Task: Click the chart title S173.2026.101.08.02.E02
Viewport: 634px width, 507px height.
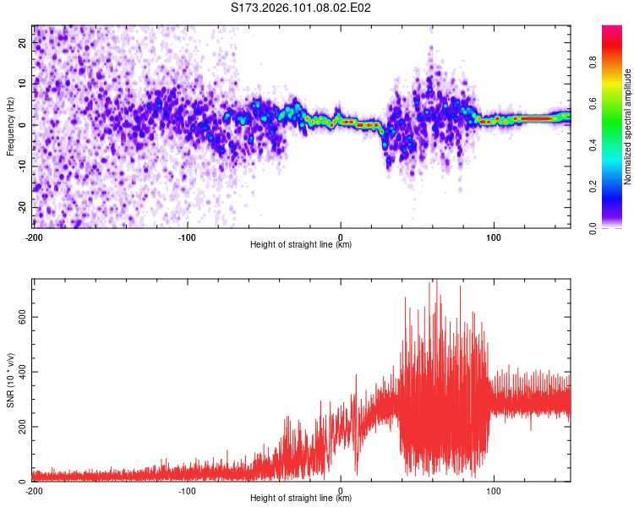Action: click(x=302, y=8)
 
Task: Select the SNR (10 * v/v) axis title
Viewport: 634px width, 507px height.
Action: click(x=11, y=379)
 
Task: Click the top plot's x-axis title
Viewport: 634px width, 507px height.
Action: click(x=301, y=245)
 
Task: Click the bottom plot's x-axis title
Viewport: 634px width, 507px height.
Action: click(x=301, y=499)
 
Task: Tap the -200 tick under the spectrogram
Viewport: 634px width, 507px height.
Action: click(x=34, y=236)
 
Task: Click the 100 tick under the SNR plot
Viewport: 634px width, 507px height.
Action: click(x=494, y=490)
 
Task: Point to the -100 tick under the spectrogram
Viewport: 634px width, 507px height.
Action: click(x=187, y=236)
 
